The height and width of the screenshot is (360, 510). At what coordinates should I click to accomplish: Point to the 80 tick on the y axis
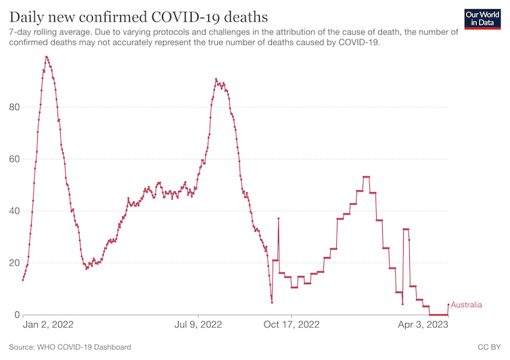point(14,107)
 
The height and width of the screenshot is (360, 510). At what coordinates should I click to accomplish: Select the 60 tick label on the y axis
point(14,159)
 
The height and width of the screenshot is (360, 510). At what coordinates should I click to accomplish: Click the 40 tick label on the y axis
point(14,211)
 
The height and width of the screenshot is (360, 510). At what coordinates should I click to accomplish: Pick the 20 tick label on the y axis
point(14,263)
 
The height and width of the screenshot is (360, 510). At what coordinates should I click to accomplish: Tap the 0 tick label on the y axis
point(16,315)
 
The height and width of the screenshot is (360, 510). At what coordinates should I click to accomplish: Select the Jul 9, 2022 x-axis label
point(199,325)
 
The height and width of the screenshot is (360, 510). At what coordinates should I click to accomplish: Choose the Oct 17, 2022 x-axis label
point(291,325)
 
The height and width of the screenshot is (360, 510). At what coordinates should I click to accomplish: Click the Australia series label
point(466,305)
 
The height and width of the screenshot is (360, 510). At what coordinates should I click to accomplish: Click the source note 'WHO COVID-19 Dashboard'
point(85,347)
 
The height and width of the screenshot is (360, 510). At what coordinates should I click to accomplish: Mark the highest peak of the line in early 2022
point(46,57)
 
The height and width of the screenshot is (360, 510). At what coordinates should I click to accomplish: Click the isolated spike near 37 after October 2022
point(278,219)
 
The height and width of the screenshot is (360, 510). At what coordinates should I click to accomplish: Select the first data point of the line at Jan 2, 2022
point(23,279)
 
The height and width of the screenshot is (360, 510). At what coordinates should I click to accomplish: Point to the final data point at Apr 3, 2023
point(448,304)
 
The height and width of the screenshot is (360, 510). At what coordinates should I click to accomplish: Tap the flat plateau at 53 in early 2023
point(366,177)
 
